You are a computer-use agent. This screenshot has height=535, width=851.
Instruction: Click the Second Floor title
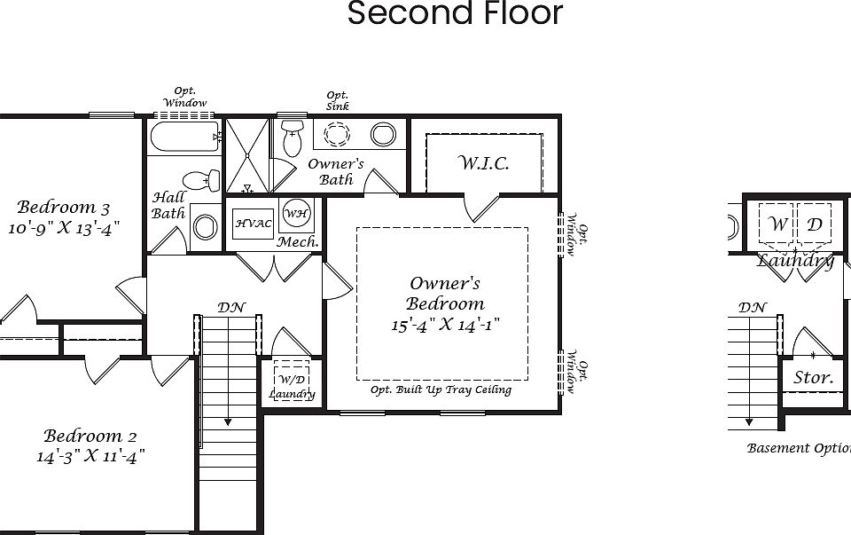click(x=455, y=13)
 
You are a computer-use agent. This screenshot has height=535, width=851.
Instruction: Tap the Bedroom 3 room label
click(x=64, y=208)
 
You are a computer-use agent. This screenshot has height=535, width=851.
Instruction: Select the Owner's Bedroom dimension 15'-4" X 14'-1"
click(x=446, y=325)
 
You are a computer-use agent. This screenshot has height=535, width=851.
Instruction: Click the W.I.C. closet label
click(x=483, y=163)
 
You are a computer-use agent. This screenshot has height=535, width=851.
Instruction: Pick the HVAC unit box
click(x=254, y=224)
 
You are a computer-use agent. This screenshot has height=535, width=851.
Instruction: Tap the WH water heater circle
click(x=295, y=215)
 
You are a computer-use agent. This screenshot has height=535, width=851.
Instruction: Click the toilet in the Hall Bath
click(x=201, y=180)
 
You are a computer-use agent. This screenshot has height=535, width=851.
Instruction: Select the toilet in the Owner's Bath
click(x=292, y=137)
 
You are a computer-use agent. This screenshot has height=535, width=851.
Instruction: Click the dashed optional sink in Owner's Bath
click(x=337, y=135)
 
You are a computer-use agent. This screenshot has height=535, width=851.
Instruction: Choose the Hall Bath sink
click(x=205, y=227)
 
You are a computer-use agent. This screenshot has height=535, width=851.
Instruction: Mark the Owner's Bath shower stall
click(x=247, y=156)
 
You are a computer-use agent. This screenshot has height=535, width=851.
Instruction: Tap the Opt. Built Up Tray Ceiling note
click(x=441, y=390)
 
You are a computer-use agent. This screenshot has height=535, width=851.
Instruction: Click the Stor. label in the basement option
click(x=813, y=378)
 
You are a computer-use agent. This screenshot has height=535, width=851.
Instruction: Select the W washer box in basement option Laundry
click(x=777, y=224)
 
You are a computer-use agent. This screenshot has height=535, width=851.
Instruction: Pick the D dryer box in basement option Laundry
click(x=815, y=224)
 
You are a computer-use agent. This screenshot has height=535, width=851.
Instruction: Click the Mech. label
click(x=298, y=242)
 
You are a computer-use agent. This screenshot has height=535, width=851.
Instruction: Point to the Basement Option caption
click(x=798, y=448)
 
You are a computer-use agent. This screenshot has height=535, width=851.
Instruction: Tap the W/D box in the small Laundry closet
click(x=292, y=382)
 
